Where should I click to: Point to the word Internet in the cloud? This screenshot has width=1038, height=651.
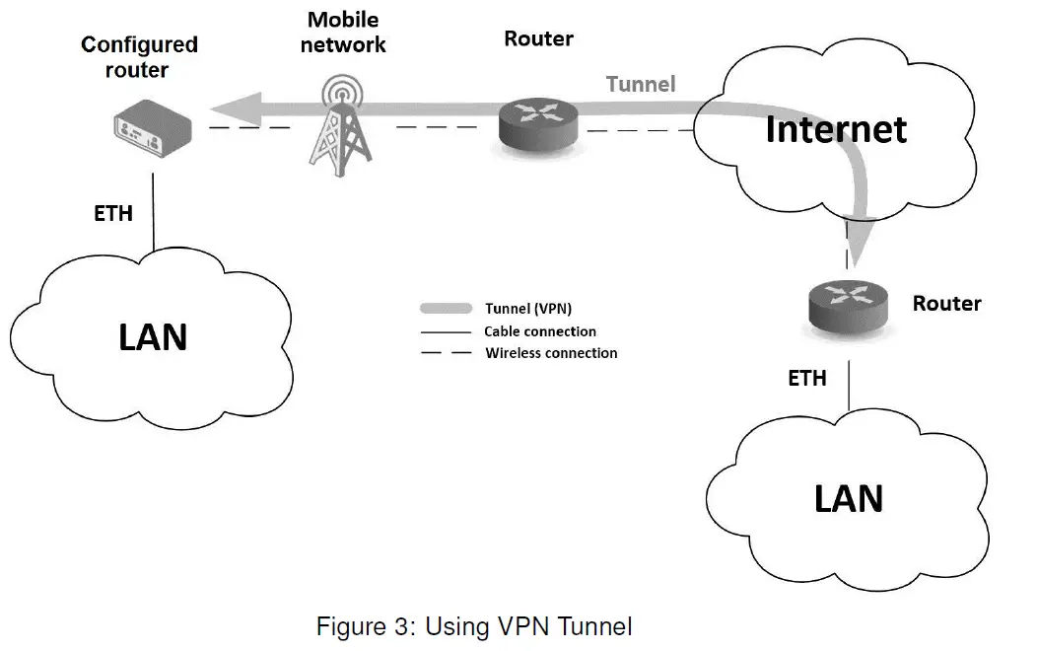tap(836, 129)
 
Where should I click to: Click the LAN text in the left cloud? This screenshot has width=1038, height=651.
tap(153, 337)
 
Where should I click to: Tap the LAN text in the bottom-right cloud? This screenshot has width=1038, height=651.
tap(848, 498)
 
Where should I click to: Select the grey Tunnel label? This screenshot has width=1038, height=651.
tap(641, 84)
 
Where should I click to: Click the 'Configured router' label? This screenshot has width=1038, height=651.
tap(139, 57)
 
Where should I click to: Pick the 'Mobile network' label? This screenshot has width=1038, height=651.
tap(342, 32)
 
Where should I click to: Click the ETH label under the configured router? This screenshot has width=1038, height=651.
tap(113, 213)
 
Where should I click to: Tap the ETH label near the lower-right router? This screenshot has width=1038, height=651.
tap(806, 378)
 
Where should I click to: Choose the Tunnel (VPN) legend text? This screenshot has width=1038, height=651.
tap(528, 309)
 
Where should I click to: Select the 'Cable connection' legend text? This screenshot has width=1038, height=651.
tap(540, 331)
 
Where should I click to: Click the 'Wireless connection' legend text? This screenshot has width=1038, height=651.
tap(551, 353)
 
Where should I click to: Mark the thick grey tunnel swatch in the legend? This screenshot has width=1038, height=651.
tap(447, 309)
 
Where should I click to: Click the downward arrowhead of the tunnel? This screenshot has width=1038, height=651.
tap(858, 253)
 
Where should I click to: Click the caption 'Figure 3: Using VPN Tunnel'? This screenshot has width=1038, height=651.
tap(473, 626)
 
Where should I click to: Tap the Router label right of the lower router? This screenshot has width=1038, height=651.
tap(946, 304)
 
